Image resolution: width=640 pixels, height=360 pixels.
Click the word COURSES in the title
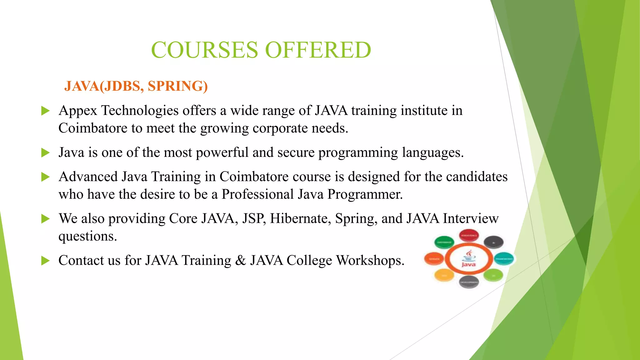click(x=204, y=50)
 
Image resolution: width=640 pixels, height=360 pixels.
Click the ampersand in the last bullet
click(x=240, y=261)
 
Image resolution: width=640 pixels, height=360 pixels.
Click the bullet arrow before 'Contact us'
click(x=46, y=261)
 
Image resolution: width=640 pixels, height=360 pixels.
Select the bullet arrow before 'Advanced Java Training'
click(x=46, y=177)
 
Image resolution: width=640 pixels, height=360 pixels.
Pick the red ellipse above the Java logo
click(x=468, y=235)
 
